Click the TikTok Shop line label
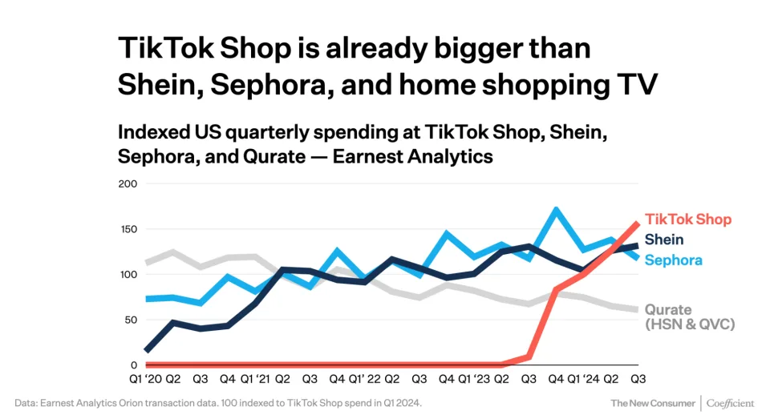point(688,220)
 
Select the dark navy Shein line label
point(664,240)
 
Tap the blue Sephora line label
point(673,260)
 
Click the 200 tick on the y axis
point(128,184)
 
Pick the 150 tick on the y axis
point(128,230)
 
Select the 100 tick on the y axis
point(128,275)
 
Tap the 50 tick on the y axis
point(131,320)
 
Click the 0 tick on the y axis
point(134,365)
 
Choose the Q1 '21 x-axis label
point(257,379)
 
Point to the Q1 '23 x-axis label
point(476,379)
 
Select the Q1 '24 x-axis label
point(585,379)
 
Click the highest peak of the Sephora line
point(555,210)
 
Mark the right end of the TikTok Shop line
point(638,224)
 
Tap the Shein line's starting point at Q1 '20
point(145,350)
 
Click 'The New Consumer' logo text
point(653,403)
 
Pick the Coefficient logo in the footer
point(731,403)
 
